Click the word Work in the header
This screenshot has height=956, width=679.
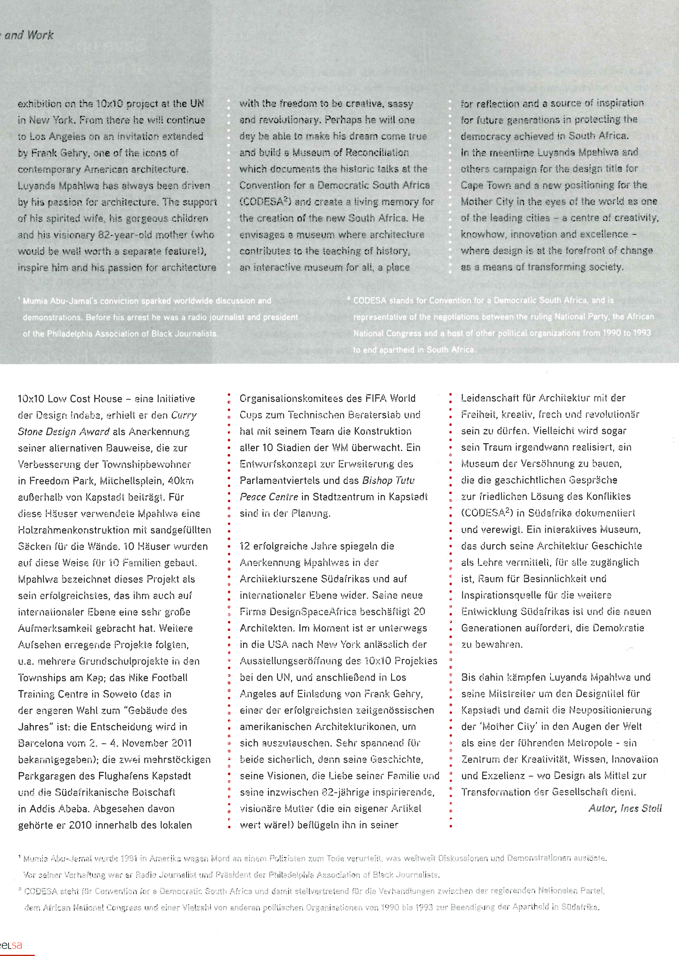[41, 35]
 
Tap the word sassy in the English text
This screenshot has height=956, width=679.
[400, 103]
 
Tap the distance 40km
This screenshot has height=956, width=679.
[181, 481]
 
